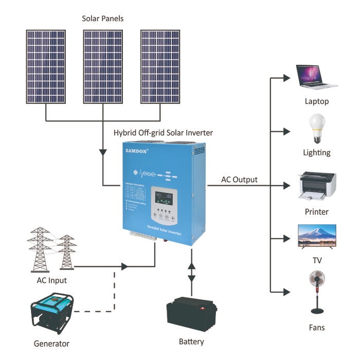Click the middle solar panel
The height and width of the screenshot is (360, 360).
click(x=102, y=66)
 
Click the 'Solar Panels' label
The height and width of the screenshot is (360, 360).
click(x=103, y=19)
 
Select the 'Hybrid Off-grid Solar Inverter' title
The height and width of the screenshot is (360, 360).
click(x=163, y=133)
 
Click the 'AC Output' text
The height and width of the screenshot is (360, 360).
click(x=239, y=179)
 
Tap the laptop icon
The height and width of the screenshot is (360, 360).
click(x=315, y=78)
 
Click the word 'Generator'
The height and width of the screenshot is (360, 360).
click(x=51, y=344)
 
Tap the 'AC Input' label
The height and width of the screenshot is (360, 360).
click(x=51, y=280)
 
